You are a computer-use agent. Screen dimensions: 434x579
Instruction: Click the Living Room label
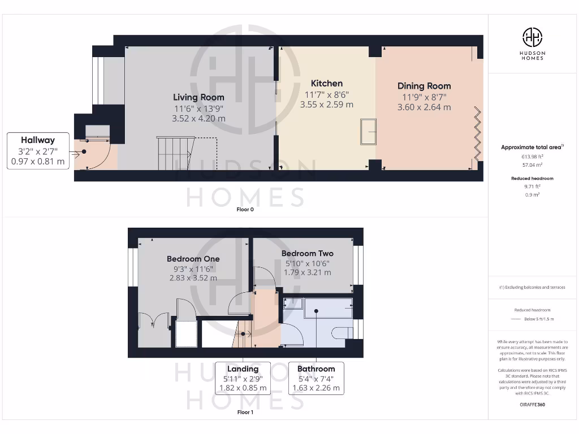point(198,97)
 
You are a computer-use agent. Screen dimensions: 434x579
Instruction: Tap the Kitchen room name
point(327,84)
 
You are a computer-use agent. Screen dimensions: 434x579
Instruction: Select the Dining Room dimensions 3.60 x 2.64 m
point(424,107)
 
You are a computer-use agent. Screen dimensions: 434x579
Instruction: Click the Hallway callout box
point(38,151)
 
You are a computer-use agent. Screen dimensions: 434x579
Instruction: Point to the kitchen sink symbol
point(368,132)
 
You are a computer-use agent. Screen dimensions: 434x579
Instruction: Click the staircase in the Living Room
point(175,154)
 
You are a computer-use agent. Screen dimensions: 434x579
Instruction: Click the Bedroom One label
point(193,259)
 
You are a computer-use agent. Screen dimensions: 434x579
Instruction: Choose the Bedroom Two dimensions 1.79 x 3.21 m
point(307,272)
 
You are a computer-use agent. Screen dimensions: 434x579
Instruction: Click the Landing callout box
point(243,378)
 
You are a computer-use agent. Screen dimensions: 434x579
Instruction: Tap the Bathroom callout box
point(316,378)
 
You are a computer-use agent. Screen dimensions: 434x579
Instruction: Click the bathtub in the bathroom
point(317,309)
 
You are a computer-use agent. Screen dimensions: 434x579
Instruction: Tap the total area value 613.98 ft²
point(532,157)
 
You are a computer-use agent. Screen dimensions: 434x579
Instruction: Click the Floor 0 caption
point(245,209)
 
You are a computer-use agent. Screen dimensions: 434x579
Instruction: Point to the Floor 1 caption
point(245,413)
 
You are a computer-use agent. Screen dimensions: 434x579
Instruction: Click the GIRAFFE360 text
point(532,405)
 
